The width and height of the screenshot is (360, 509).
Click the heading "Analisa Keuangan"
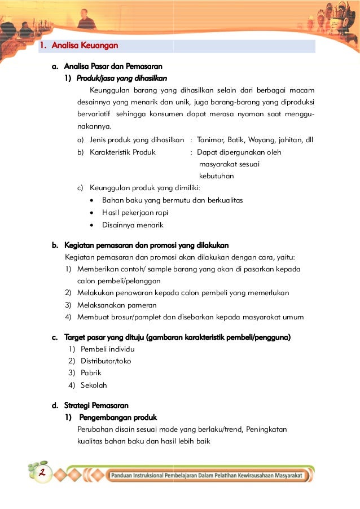coord(84,46)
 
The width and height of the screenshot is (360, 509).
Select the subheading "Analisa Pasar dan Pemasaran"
coord(113,67)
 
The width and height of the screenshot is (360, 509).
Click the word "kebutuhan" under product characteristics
coord(217,176)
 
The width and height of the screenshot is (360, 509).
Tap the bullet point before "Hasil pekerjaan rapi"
coord(93,213)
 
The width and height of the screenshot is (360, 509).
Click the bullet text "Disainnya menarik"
coord(132,225)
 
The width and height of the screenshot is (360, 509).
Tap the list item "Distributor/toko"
coord(106,361)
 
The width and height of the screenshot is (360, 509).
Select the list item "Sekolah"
coord(94,385)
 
